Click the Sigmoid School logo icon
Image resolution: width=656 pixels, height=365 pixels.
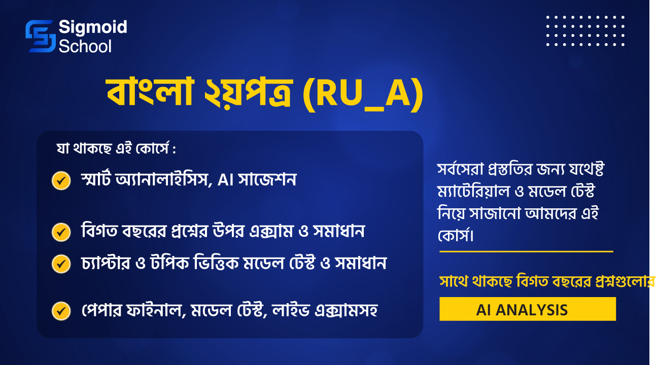coord(41,36)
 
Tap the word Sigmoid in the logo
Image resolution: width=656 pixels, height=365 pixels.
coord(93,27)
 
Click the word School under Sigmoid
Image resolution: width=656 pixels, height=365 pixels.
coord(85,46)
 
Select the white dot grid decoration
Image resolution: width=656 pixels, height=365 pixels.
coord(585,31)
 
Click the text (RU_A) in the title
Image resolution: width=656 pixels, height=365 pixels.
coord(363,94)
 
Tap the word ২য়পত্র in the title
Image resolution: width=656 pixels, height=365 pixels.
coord(248,93)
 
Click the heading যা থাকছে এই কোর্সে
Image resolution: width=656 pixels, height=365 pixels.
coord(113,149)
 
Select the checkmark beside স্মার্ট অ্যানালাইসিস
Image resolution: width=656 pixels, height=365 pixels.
coord(61,180)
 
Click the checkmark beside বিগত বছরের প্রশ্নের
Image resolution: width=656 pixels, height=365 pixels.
coord(61,232)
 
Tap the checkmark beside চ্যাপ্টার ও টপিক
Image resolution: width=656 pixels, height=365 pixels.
coord(61,264)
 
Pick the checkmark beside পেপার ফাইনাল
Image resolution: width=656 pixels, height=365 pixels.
coord(61,311)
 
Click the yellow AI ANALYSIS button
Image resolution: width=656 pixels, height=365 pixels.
coord(528,309)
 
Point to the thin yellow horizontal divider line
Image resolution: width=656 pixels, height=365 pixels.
coord(526,251)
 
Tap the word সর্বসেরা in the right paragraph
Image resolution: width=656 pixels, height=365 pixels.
coord(460,169)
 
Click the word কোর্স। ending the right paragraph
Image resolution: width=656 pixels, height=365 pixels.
coord(456,235)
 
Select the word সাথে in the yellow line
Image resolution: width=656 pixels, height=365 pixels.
coord(453,281)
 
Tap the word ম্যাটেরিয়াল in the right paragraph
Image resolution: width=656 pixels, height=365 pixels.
coord(473,192)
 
